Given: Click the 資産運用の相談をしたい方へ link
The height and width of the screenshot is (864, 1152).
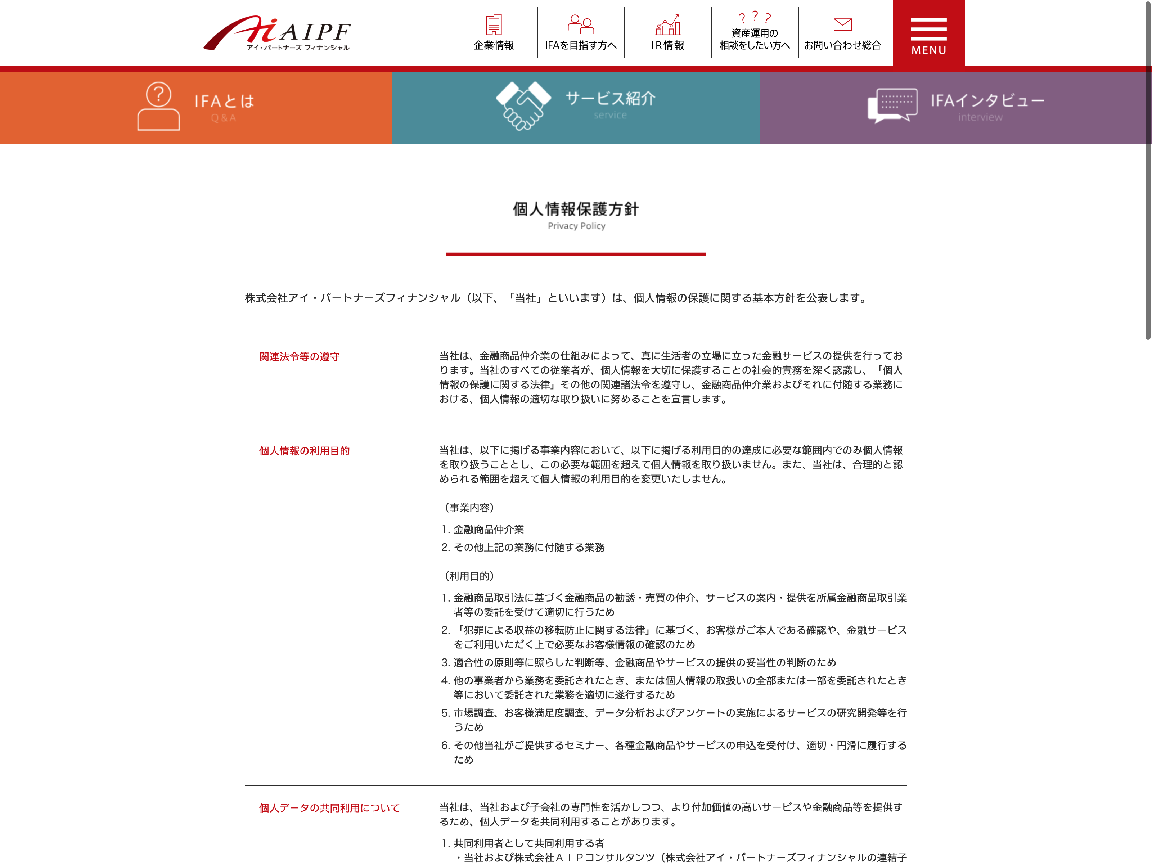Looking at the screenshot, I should [755, 39].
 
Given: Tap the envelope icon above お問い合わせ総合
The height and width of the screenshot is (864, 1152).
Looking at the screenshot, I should [842, 24].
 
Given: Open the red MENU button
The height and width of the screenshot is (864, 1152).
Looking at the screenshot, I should [928, 34].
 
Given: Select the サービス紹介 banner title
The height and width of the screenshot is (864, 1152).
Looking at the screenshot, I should [610, 98].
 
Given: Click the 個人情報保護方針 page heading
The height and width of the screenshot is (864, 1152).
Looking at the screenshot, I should [576, 209].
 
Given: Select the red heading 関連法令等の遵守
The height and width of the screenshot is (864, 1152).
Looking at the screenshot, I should [300, 357].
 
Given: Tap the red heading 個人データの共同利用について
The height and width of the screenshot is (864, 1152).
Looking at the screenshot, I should [329, 808].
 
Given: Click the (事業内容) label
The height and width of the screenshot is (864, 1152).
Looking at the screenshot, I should [469, 508].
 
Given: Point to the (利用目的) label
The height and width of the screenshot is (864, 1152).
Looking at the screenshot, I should [469, 576].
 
